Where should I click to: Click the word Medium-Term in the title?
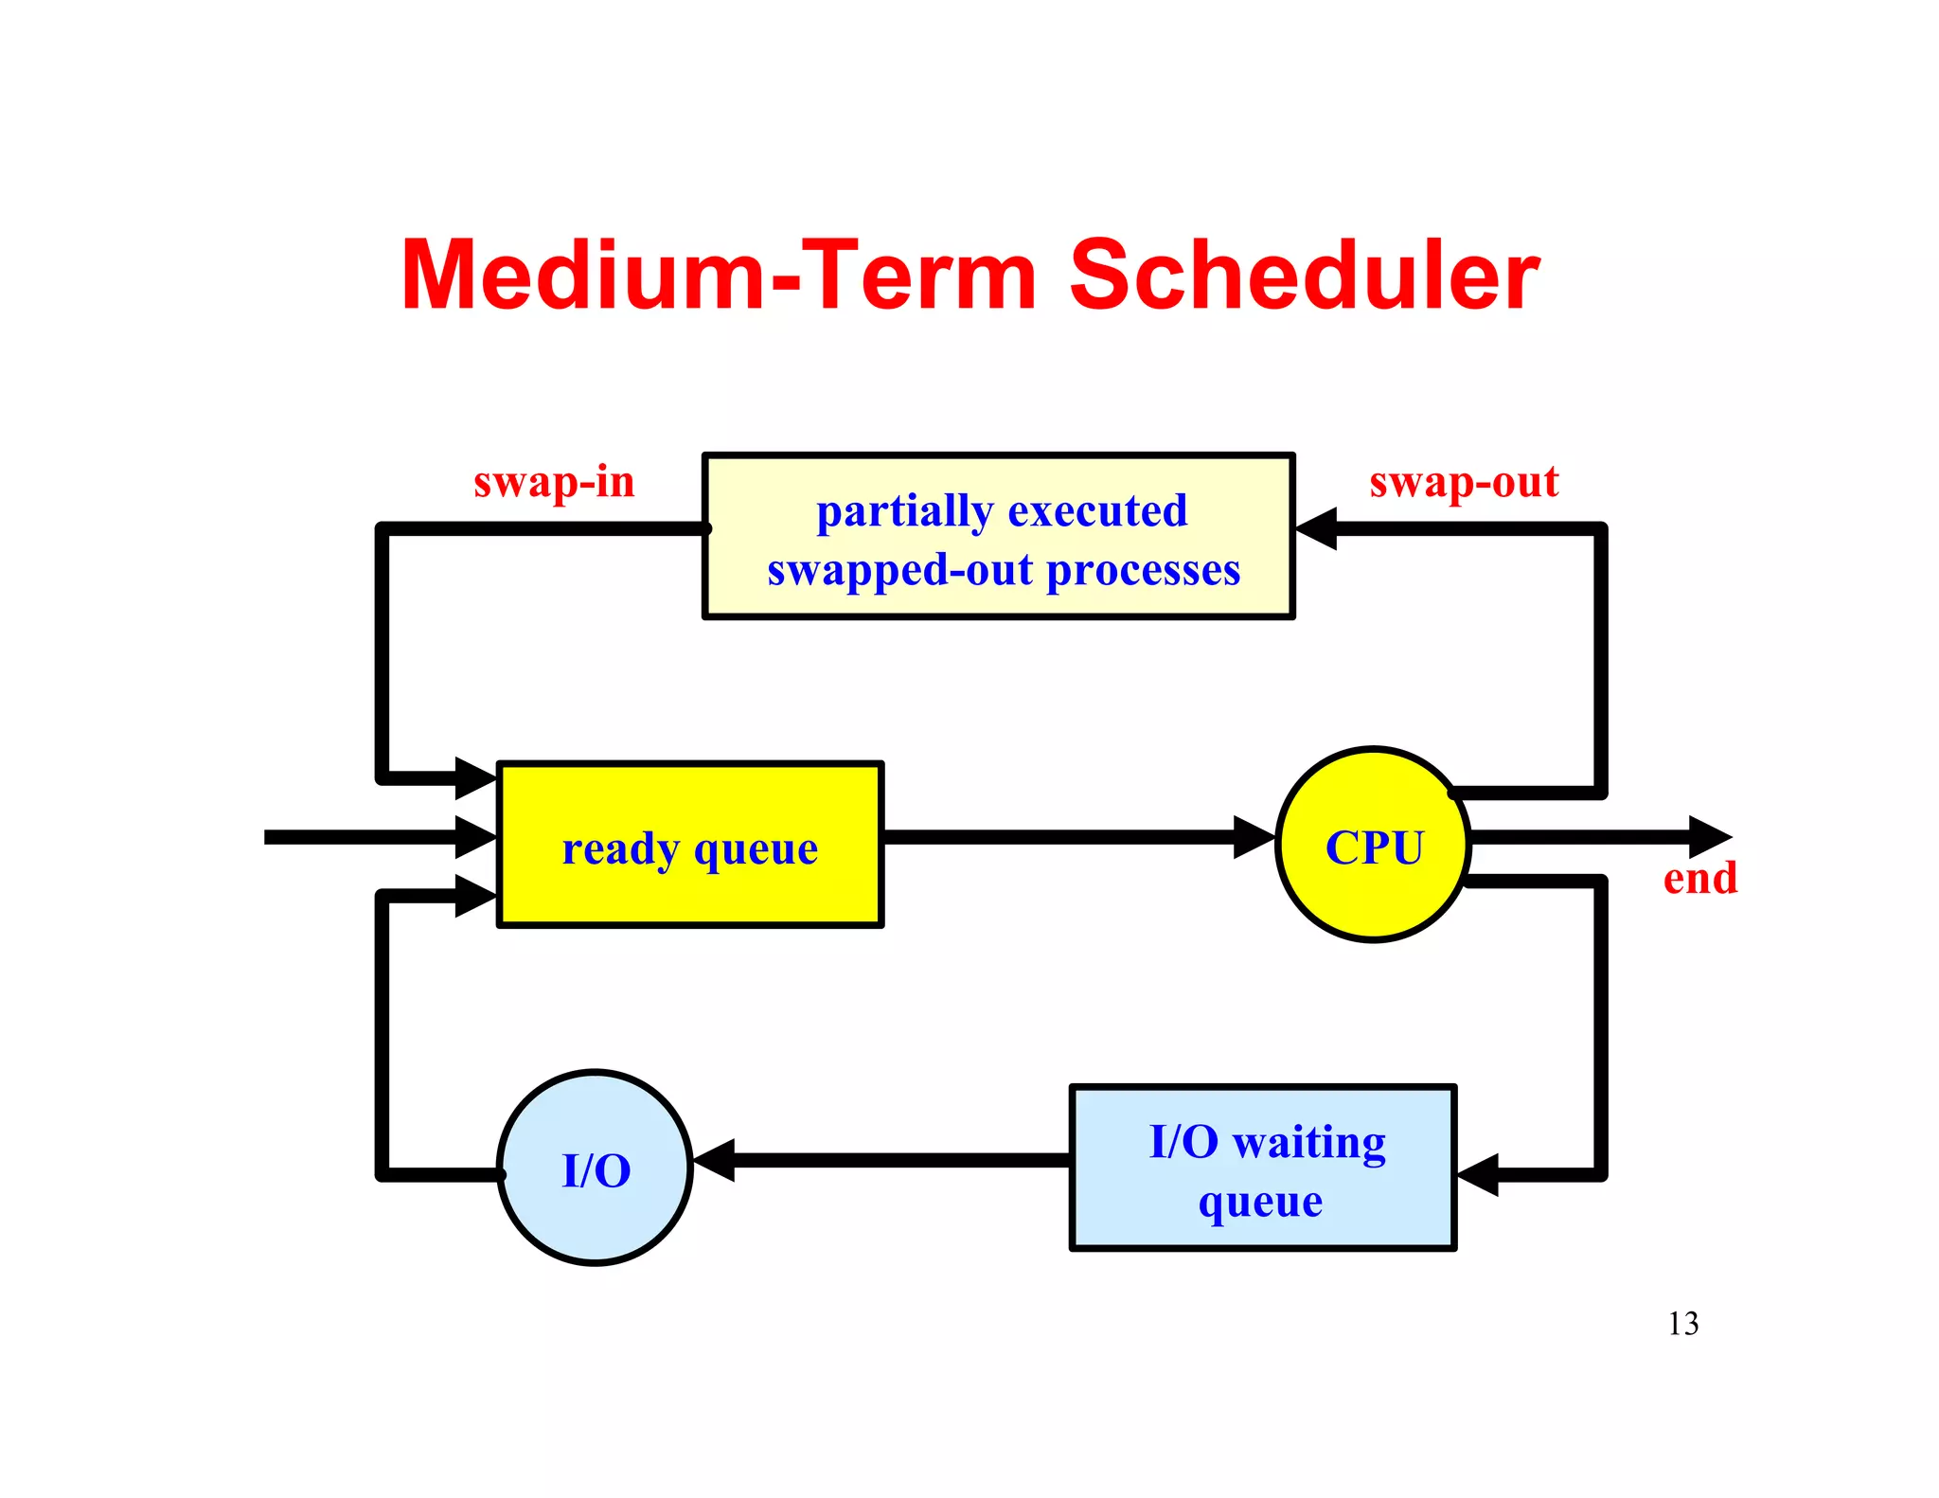coord(720,276)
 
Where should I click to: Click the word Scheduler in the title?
coord(1304,276)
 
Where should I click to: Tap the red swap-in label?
coord(554,482)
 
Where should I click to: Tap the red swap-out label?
coord(1463,482)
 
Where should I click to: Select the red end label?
coord(1699,878)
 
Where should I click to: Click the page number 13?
coord(1682,1323)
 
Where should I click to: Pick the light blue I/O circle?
coord(595,1168)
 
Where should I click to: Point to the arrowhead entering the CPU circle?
coord(1254,837)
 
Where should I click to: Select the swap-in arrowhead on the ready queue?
coord(475,778)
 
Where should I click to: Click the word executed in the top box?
coord(1097,511)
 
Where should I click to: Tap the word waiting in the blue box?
coord(1309,1143)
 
